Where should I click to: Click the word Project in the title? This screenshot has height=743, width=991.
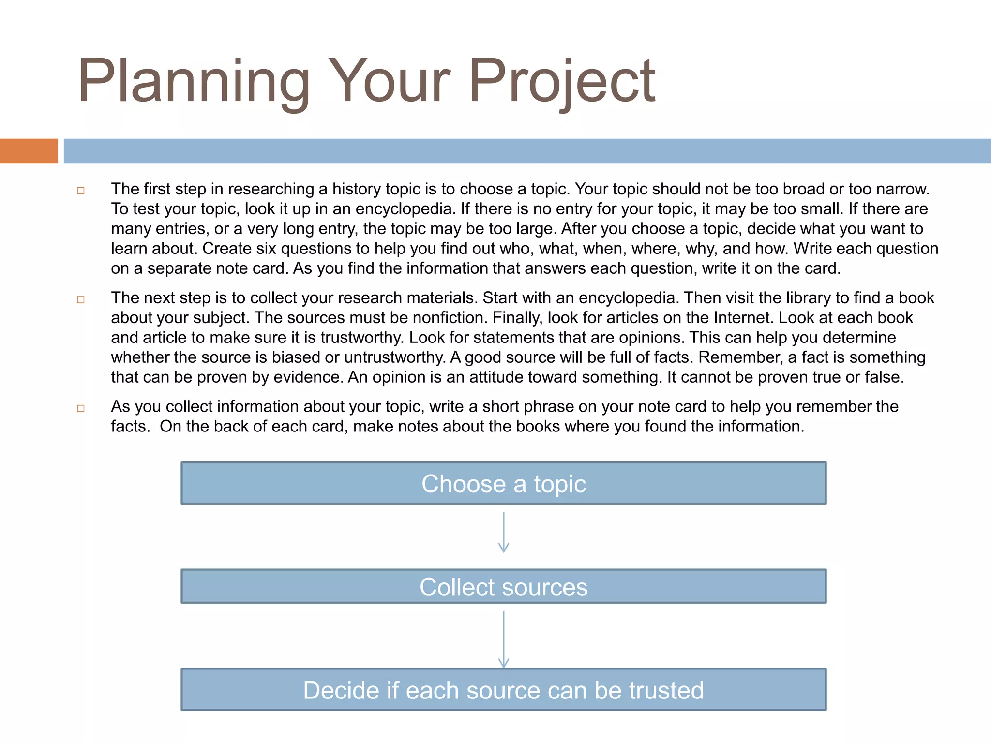pos(561,81)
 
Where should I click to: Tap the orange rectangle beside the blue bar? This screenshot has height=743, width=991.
pos(29,151)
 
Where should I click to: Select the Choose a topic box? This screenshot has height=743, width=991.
pos(503,483)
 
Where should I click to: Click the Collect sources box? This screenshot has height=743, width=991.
pos(503,586)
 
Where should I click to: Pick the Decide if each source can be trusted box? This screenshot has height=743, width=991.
pos(503,690)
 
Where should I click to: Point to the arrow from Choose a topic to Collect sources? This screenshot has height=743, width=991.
pos(503,533)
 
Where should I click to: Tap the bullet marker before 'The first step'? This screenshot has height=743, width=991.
pos(81,191)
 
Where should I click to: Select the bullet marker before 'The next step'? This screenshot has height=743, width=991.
pos(81,299)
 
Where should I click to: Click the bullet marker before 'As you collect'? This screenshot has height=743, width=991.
pos(81,408)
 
